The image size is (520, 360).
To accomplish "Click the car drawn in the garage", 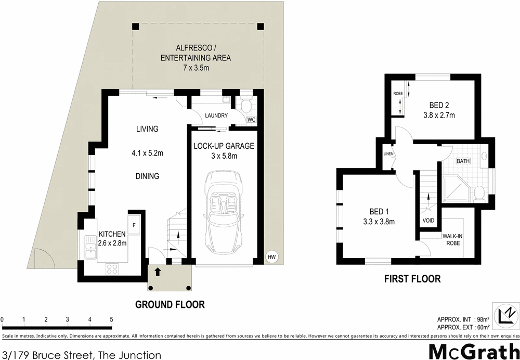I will tap(224, 210).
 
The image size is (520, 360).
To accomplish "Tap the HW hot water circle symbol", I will tap(271, 256).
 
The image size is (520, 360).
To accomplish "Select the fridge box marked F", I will tap(134, 225).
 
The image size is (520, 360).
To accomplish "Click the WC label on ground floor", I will tap(251, 120).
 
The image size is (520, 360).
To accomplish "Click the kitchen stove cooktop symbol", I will tap(112, 268).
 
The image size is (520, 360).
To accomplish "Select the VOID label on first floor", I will tap(428, 220).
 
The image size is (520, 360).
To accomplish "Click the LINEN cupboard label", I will tap(388, 154).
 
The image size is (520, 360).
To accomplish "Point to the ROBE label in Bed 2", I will tap(398, 93).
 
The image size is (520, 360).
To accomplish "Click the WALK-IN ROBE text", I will tap(452, 239).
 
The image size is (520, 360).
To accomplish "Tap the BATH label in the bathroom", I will tap(463, 161).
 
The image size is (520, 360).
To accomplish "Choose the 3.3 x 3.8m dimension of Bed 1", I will tap(379, 222).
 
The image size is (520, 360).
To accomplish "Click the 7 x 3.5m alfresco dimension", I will tap(196, 68).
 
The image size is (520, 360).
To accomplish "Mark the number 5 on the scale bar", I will tap(112, 319).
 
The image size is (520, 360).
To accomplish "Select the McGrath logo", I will tap(473, 350).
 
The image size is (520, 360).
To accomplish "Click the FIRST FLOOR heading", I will tap(412, 279).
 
